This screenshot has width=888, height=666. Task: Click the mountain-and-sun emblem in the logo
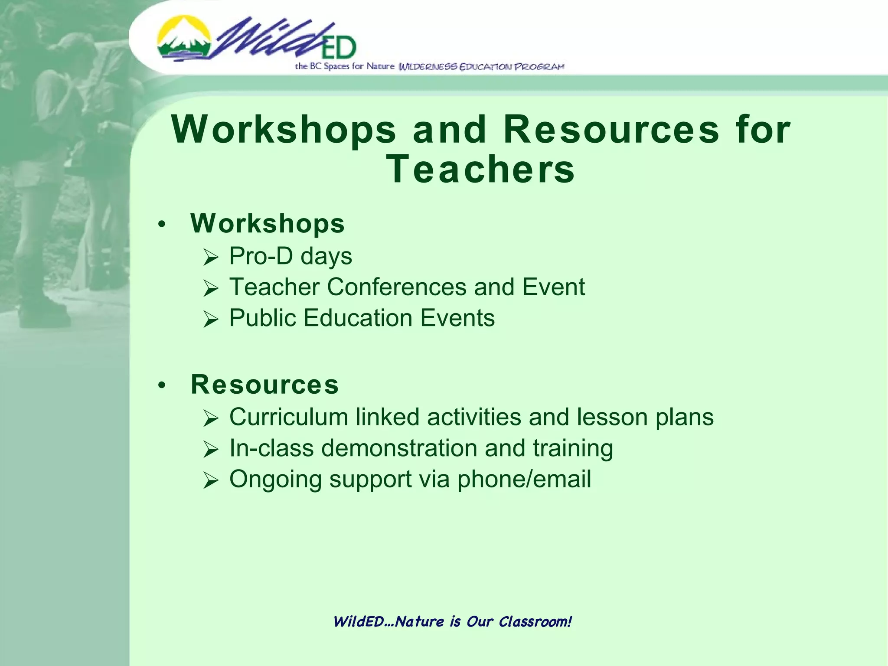pyautogui.click(x=184, y=38)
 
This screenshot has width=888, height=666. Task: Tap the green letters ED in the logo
pyautogui.click(x=339, y=48)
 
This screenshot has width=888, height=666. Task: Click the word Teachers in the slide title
pyautogui.click(x=480, y=169)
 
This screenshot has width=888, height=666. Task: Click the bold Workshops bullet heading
pyautogui.click(x=268, y=224)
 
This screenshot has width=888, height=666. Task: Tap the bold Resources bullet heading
pyautogui.click(x=264, y=385)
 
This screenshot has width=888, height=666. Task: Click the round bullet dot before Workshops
pyautogui.click(x=162, y=225)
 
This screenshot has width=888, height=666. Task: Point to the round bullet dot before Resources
pyautogui.click(x=162, y=385)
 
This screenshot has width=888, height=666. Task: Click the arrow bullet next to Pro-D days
pyautogui.click(x=211, y=258)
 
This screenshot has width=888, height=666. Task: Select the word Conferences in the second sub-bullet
pyautogui.click(x=397, y=287)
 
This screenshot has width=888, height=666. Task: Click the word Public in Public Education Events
pyautogui.click(x=262, y=318)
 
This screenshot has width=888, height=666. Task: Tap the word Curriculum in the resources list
pyautogui.click(x=289, y=417)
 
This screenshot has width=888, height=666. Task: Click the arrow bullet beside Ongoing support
pyautogui.click(x=211, y=480)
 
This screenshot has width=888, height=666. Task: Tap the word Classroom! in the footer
pyautogui.click(x=535, y=622)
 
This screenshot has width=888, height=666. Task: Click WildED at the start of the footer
pyautogui.click(x=358, y=622)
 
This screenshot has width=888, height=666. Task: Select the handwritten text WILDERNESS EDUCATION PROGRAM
pyautogui.click(x=481, y=67)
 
